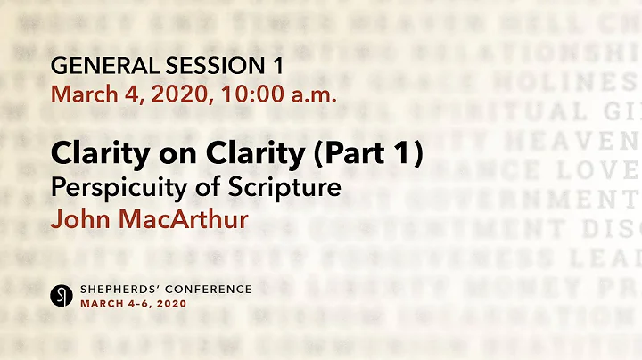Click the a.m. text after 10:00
[311, 93]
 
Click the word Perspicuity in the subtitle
[106, 188]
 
